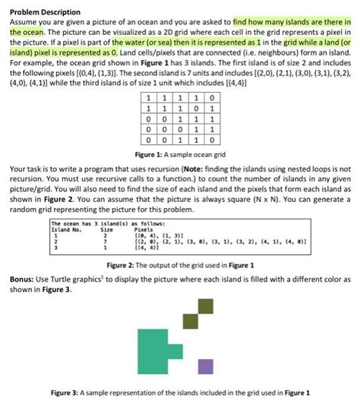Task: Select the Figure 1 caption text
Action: coord(180,154)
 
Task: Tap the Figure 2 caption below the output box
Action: coord(180,265)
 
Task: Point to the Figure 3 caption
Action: coord(180,393)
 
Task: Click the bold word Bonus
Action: coord(24,279)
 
